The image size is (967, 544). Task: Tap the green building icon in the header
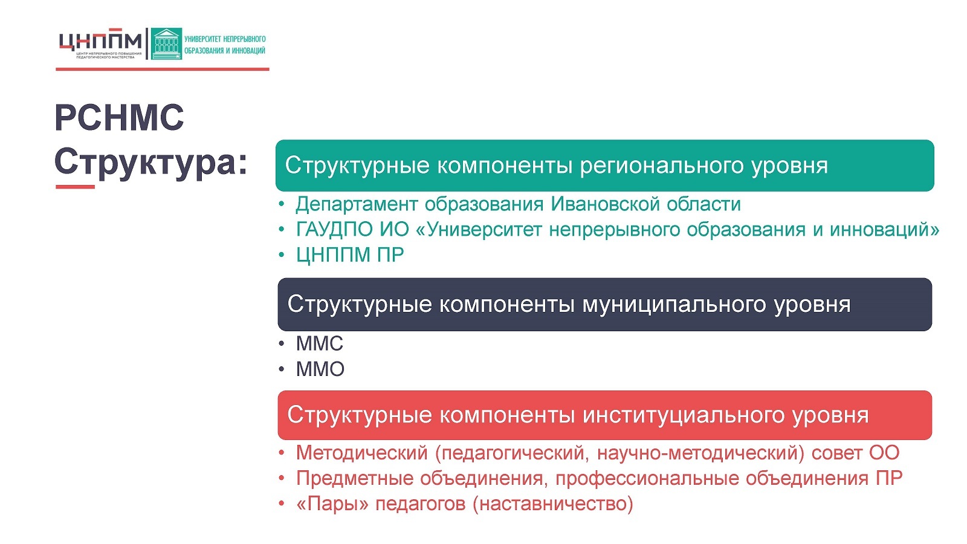pos(166,44)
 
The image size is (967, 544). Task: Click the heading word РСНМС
pos(119,117)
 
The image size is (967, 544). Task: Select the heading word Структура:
pos(150,163)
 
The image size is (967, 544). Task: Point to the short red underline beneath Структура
pos(75,187)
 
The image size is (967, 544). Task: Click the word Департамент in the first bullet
pos(357,204)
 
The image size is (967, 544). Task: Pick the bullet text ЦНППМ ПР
pos(350,254)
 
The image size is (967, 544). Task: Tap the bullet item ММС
pos(320,344)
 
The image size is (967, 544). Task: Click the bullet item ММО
pos(320,369)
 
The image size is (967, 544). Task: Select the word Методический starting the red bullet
pos(362,453)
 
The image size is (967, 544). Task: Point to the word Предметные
pos(355,478)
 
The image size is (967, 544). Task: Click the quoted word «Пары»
pos(332,504)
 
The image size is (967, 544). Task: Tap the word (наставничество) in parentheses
pos(553,504)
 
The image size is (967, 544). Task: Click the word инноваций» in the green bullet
pos(885,230)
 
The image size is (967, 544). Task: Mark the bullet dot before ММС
pos(282,344)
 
